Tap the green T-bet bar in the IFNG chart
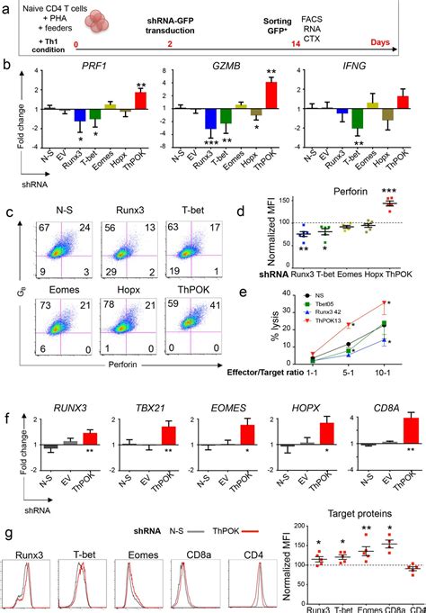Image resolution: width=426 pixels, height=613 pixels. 358,118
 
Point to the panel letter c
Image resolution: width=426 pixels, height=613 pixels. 8,213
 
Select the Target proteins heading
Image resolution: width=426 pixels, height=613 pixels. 361,510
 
